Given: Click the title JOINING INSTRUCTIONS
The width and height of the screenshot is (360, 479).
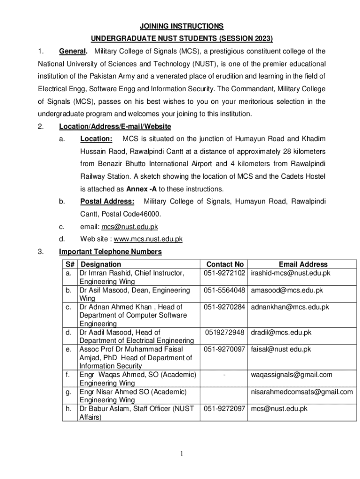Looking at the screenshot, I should click(180, 26).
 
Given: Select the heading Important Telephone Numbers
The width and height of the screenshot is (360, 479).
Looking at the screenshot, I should click(110, 252).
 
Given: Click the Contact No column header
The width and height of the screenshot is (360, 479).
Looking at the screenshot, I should click(225, 264).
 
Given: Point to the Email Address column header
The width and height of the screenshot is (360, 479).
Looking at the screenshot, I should click(303, 264).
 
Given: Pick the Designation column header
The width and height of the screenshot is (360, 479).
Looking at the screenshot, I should click(101, 264).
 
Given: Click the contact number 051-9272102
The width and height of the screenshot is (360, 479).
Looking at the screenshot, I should click(225, 273).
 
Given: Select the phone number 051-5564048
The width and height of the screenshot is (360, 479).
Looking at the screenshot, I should click(225, 290).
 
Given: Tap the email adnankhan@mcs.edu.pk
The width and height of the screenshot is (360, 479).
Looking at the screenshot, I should click(290, 307).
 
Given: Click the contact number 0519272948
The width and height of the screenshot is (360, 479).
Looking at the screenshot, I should click(225, 333).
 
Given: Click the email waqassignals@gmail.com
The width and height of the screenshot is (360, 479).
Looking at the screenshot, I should click(291, 374).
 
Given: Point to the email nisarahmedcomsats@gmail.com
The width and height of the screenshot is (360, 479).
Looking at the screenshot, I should click(302, 392).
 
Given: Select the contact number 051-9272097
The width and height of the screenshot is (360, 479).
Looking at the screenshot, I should click(225, 408).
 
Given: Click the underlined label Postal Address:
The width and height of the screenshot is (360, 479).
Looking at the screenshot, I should click(107, 201).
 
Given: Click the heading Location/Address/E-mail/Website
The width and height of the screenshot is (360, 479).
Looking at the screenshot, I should click(115, 126).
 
